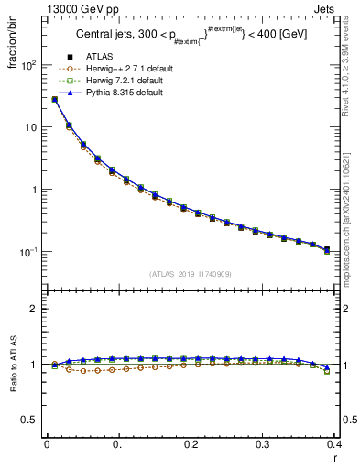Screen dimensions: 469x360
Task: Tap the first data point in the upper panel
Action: coord(54,99)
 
